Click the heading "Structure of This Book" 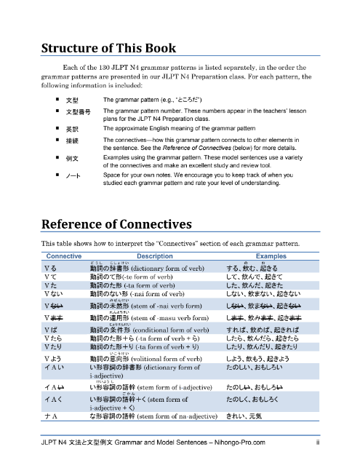click(108, 49)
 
